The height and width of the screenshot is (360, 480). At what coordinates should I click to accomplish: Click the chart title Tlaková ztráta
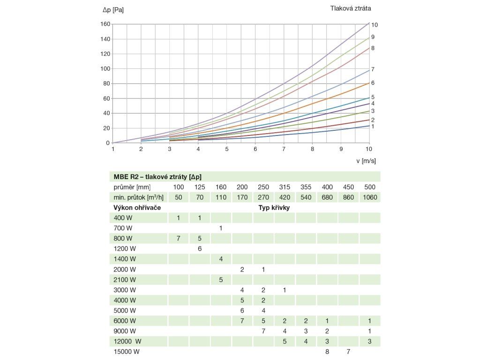tap(351, 8)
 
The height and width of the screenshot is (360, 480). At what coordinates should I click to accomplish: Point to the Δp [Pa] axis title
tap(113, 9)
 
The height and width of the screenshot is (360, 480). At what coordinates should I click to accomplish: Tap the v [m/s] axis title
tap(366, 161)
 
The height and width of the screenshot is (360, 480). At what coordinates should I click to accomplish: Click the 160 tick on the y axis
tap(105, 24)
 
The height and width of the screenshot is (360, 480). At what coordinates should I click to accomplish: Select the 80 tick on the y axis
tap(106, 83)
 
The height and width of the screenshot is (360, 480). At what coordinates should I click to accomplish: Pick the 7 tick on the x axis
tap(284, 149)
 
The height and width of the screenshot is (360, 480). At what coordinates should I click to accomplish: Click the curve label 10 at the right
tap(375, 24)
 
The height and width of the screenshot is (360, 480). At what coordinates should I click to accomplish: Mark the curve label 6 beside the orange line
tap(373, 83)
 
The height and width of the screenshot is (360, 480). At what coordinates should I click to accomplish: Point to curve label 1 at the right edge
tap(373, 127)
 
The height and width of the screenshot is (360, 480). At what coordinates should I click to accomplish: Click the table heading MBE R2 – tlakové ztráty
tap(157, 176)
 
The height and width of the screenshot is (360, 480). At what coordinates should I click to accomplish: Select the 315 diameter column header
tap(285, 187)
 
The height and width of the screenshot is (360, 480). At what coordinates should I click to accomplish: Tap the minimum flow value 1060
tap(369, 197)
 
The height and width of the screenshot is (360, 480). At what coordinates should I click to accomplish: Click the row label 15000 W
tap(127, 352)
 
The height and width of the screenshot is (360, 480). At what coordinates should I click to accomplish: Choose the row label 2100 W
tap(125, 280)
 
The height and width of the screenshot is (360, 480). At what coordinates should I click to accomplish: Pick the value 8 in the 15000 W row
tap(327, 352)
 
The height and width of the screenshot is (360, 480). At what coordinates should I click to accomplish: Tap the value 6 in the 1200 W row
tap(200, 248)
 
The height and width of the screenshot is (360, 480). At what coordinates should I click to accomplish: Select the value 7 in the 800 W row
tap(178, 238)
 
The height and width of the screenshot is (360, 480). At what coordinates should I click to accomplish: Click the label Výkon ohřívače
tap(141, 207)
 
